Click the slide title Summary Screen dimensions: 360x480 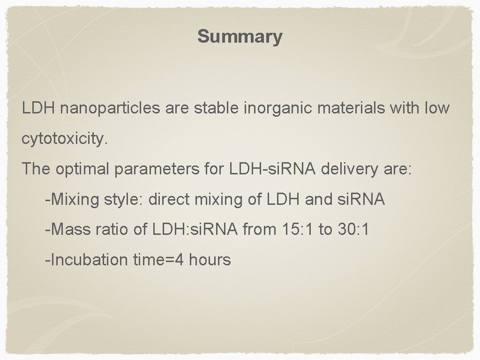tap(240, 36)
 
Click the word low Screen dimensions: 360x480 tap(436, 109)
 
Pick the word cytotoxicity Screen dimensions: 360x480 tap(65, 139)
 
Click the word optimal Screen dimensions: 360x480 tap(83, 169)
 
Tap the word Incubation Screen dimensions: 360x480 tap(86, 259)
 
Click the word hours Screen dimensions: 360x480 tap(210, 259)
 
